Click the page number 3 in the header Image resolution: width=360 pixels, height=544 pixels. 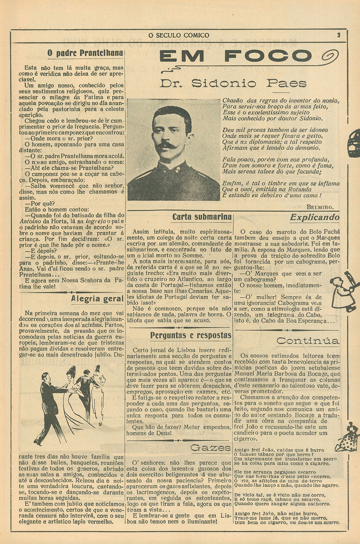click(338, 35)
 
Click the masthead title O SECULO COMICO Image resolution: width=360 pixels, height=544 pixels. click(179, 35)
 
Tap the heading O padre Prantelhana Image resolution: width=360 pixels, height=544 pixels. click(85, 53)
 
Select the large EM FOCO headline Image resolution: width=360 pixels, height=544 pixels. click(235, 56)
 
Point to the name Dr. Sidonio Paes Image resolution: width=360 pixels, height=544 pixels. click(233, 83)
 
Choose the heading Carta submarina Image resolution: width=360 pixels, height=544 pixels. click(202, 217)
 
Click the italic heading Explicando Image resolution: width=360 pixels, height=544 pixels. click(314, 217)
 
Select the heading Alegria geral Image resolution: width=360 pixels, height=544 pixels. click(97, 299)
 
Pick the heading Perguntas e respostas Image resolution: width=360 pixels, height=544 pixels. click(190, 335)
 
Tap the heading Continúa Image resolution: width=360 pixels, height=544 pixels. click(307, 341)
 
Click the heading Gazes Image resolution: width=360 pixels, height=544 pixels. click(210, 448)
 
